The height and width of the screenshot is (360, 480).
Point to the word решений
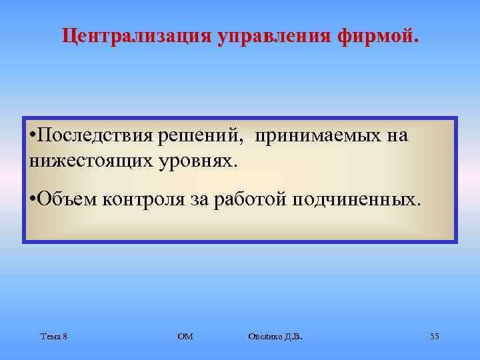pyautogui.click(x=198, y=136)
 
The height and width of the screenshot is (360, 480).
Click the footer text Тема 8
pyautogui.click(x=53, y=336)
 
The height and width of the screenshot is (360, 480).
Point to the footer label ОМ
pyautogui.click(x=185, y=336)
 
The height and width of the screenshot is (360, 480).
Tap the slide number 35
pyautogui.click(x=434, y=336)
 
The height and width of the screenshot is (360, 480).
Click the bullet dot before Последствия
pyautogui.click(x=33, y=137)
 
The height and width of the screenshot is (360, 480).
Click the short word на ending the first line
pyautogui.click(x=397, y=136)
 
